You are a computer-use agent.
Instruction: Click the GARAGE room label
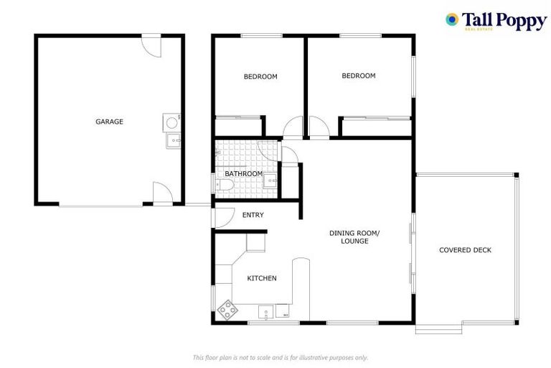coord(109,121)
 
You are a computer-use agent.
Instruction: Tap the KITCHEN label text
coord(262,278)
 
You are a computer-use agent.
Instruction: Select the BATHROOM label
coord(243,174)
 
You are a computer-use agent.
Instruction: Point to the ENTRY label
coord(253,215)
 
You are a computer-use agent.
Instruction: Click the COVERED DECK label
coord(465,250)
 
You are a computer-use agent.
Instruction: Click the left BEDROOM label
coord(260,76)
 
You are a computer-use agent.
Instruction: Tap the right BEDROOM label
coord(358,75)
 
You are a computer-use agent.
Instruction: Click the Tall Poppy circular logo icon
coord(452,19)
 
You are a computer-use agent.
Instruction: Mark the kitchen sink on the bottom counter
coord(265,313)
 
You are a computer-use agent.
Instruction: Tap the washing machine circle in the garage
coord(172,122)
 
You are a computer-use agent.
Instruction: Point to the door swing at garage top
coord(151,45)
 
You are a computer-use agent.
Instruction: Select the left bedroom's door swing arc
coord(293,128)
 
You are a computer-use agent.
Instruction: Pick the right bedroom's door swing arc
coord(319,127)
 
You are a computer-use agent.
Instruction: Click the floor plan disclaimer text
coord(281,357)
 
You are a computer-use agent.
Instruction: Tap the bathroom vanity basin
coord(268,180)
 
